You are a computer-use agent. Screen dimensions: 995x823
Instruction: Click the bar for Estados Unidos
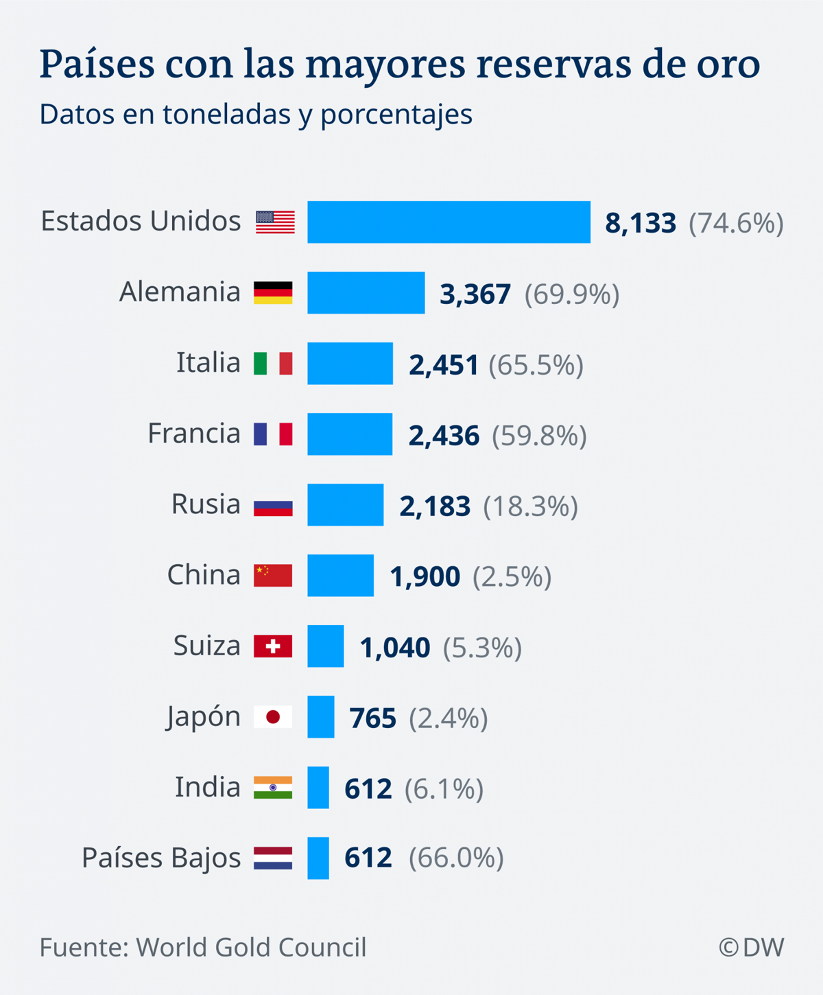pyautogui.click(x=449, y=222)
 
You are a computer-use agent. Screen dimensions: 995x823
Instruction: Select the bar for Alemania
pyautogui.click(x=366, y=293)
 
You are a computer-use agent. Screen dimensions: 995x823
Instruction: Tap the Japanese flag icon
pyautogui.click(x=273, y=717)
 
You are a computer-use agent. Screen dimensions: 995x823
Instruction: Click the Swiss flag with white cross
pyautogui.click(x=273, y=646)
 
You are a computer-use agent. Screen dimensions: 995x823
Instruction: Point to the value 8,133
pyautogui.click(x=641, y=224)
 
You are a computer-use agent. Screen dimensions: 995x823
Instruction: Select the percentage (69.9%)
pyautogui.click(x=572, y=294)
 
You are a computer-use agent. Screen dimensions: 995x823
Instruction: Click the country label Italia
pyautogui.click(x=208, y=363)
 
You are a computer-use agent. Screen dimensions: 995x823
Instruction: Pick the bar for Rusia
pyautogui.click(x=345, y=505)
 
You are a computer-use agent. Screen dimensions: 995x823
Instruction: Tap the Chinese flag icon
pyautogui.click(x=273, y=576)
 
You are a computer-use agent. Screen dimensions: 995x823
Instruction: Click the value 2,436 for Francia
pyautogui.click(x=444, y=436)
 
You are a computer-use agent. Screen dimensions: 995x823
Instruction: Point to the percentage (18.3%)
pyautogui.click(x=531, y=506)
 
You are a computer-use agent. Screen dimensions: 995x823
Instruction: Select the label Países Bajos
pyautogui.click(x=161, y=858)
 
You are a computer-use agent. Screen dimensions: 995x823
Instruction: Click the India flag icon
pyautogui.click(x=273, y=788)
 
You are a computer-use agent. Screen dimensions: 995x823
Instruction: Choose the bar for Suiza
pyautogui.click(x=325, y=646)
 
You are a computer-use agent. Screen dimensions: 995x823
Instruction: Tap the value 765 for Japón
pyautogui.click(x=373, y=718)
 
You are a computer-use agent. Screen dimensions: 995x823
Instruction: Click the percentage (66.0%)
pyautogui.click(x=456, y=858)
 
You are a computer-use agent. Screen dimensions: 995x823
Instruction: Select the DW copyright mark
pyautogui.click(x=751, y=948)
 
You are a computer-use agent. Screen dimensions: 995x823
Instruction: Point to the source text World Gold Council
pyautogui.click(x=251, y=948)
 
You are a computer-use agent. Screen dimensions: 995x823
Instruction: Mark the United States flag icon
pyautogui.click(x=275, y=222)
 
